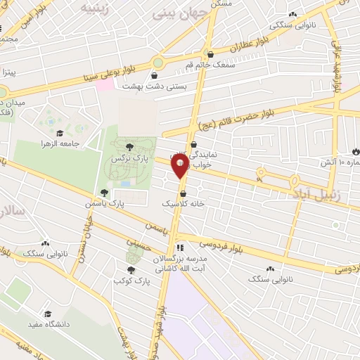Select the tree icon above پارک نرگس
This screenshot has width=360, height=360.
tap(129, 147)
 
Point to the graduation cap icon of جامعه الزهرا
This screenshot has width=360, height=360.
tap(60, 133)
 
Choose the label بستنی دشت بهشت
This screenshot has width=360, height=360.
tap(148, 86)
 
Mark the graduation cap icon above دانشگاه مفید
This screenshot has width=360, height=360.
tap(48, 314)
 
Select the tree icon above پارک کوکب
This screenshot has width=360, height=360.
tap(131, 269)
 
